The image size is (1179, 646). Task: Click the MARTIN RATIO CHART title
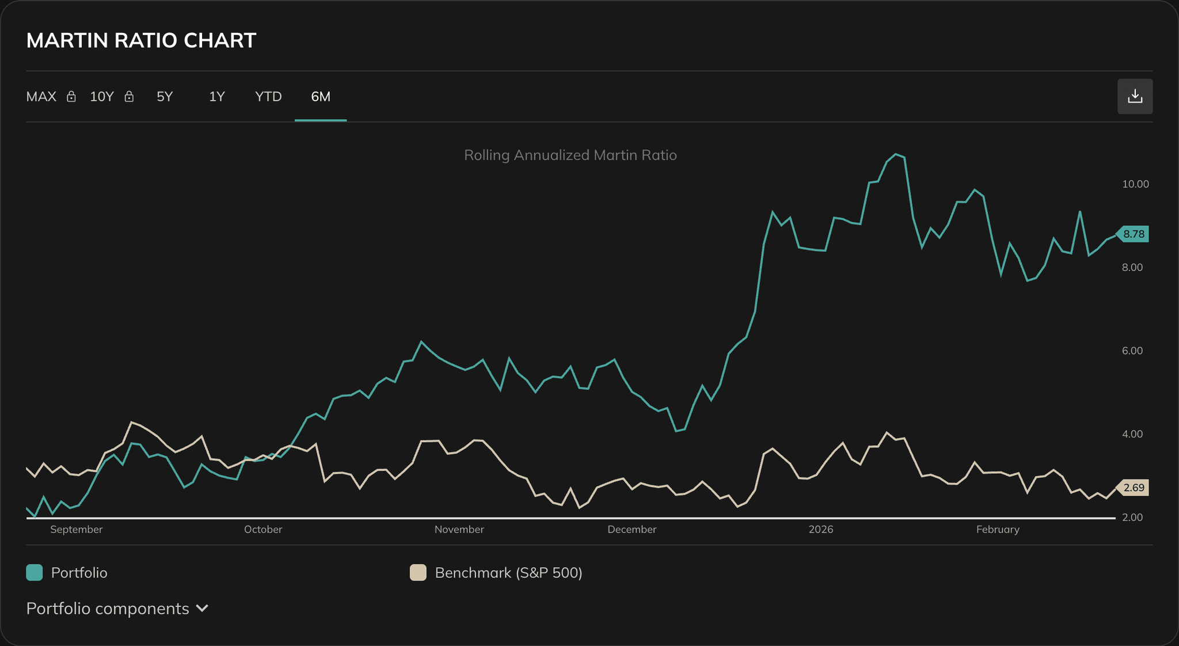click(x=141, y=40)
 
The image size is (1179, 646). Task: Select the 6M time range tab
click(x=321, y=97)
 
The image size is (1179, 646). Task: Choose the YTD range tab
click(x=268, y=97)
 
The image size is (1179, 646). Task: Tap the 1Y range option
click(x=216, y=97)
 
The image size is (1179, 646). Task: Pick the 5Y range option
click(x=165, y=97)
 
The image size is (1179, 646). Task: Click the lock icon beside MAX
click(x=71, y=97)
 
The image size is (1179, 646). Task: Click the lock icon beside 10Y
click(x=129, y=97)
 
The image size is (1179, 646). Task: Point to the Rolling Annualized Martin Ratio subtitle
click(x=570, y=155)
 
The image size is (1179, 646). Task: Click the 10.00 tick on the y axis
click(x=1135, y=184)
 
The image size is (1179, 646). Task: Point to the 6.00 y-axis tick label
click(x=1132, y=351)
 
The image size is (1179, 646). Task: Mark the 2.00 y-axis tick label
click(x=1132, y=517)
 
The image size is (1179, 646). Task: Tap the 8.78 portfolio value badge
click(x=1133, y=234)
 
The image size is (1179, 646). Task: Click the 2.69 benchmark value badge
click(x=1133, y=488)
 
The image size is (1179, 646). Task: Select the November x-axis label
click(x=459, y=529)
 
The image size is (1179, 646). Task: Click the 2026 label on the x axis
click(x=820, y=529)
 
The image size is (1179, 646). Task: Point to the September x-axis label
click(x=76, y=529)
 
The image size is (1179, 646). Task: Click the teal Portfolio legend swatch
click(x=35, y=572)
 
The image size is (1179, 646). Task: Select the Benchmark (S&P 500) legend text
click(x=508, y=572)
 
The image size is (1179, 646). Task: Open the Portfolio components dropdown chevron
click(x=202, y=608)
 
